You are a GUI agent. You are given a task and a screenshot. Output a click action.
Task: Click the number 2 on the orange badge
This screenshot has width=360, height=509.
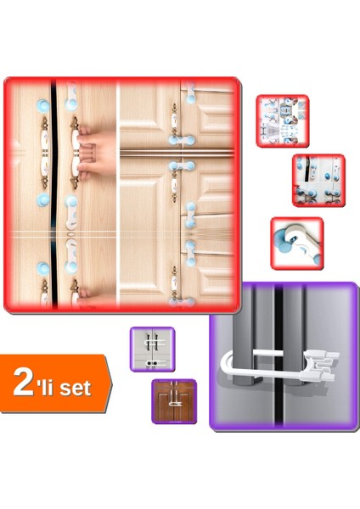(x=23, y=383)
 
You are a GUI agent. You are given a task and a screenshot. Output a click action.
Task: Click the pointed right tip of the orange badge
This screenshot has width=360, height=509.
(x=110, y=383)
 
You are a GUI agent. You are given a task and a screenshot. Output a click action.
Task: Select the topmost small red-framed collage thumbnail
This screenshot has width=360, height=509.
(x=282, y=120)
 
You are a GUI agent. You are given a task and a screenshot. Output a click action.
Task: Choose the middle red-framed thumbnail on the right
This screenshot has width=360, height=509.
(x=318, y=180)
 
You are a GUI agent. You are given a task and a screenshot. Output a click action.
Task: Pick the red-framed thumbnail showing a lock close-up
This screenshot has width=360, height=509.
(x=296, y=243)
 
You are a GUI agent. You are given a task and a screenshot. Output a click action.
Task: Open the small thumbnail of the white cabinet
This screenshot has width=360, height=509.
(x=151, y=348)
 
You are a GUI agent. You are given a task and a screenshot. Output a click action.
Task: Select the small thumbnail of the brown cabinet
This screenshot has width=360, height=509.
(x=173, y=401)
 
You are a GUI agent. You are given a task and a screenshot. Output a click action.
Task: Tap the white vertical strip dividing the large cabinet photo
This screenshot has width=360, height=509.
(x=121, y=195)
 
